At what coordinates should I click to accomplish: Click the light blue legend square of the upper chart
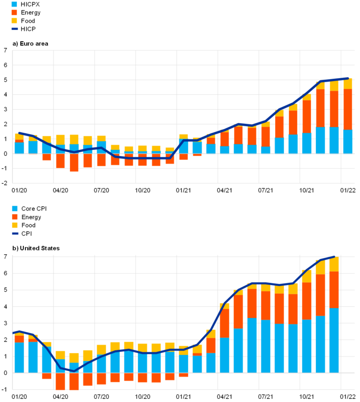(15, 4)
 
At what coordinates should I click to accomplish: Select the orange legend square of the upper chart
(15, 12)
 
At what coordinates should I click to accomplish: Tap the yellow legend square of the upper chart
(15, 21)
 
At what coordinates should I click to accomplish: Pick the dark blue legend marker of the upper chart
(15, 29)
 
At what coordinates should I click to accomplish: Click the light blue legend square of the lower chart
(15, 209)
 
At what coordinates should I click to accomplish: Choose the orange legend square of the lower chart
(15, 217)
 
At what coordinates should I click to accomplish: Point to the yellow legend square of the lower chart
(15, 225)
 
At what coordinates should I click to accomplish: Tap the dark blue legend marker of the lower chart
(15, 233)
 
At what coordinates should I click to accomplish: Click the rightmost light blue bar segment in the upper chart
(347, 142)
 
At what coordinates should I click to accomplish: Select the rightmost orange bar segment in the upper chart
(347, 109)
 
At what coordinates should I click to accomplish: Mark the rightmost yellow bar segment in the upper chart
(347, 83)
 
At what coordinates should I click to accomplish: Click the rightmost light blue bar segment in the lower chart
(334, 341)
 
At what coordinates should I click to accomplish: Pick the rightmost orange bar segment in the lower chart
(334, 289)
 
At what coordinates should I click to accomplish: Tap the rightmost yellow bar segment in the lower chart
(334, 264)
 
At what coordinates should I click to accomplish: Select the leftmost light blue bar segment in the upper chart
(19, 148)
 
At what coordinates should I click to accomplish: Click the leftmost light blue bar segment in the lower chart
(19, 357)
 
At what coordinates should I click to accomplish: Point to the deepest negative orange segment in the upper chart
(74, 163)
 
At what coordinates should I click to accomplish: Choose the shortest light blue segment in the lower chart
(74, 368)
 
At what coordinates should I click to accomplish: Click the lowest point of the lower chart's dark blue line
(74, 371)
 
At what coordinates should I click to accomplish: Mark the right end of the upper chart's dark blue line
(347, 78)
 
